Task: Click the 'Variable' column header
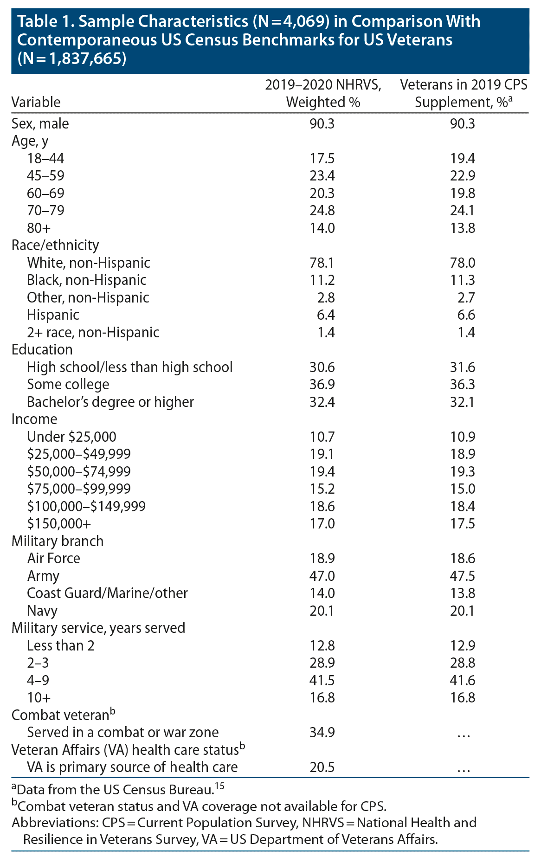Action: pos(36,102)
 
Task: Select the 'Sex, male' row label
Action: pos(40,124)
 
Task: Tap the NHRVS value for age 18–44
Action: pos(322,159)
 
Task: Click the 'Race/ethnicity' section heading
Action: pos(55,245)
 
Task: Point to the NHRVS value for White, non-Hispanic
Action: pos(322,263)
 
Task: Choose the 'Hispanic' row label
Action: pos(53,315)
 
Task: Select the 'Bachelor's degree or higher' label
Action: pos(110,402)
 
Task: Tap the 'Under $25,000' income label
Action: pos(71,437)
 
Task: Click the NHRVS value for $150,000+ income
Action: pos(322,524)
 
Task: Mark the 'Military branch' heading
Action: pos(58,541)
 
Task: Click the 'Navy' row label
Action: pos(42,611)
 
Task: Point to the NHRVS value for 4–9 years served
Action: pos(322,680)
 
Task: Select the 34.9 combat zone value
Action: pos(322,733)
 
